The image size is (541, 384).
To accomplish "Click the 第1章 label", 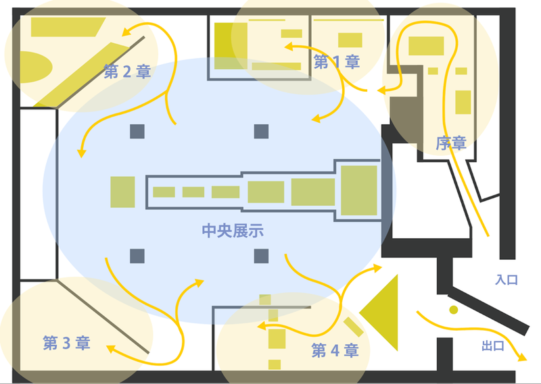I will click(x=336, y=62).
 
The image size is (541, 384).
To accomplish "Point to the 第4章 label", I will click(x=334, y=351).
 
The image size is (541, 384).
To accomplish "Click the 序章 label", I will click(x=450, y=144).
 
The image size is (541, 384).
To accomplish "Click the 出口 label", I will click(x=493, y=346).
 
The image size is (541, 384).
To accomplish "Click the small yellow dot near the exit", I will click(x=453, y=310).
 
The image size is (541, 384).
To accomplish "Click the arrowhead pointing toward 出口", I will click(x=521, y=358).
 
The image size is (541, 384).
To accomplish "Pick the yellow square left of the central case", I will click(x=122, y=192).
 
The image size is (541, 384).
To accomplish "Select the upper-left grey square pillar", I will click(x=137, y=131).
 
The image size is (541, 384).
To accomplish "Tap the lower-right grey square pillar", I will click(x=261, y=256).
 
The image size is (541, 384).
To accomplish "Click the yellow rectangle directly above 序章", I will click(x=463, y=101).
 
